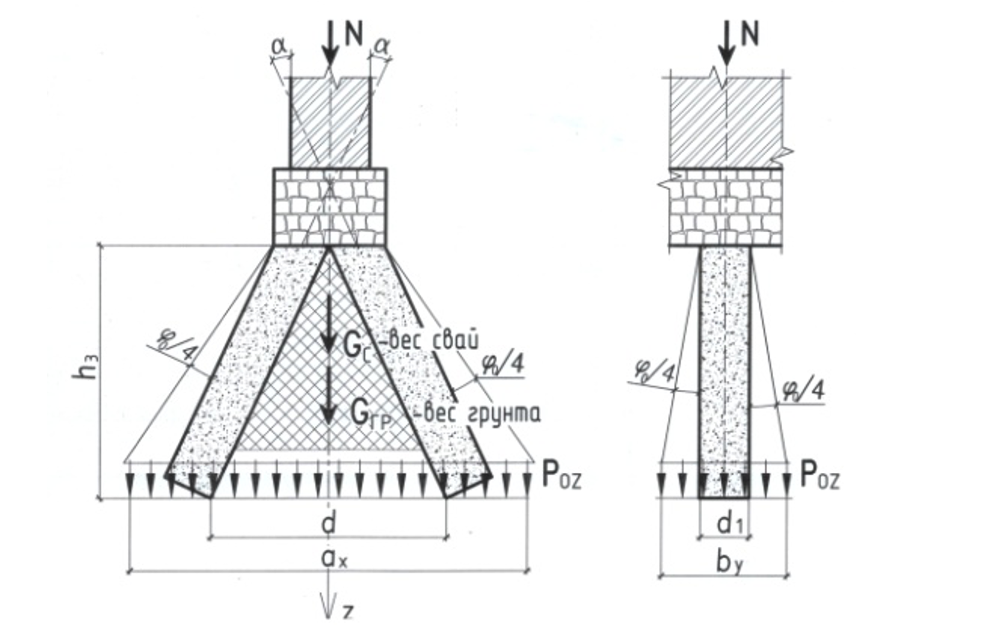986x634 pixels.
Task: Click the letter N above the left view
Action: click(354, 34)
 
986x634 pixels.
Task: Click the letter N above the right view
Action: click(750, 34)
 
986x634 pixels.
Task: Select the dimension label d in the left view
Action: click(329, 524)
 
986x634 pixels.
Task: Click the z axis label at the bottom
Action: click(348, 613)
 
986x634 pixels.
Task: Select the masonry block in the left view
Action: click(330, 206)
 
